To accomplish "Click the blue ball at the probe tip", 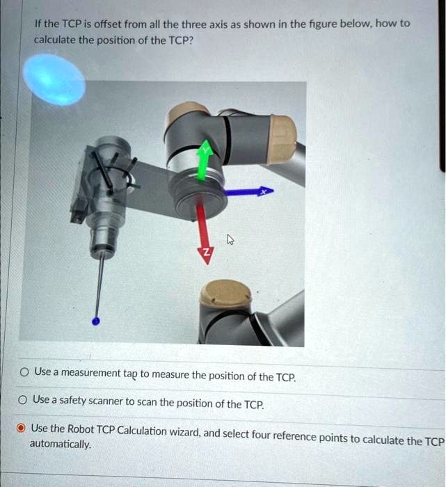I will pyautogui.click(x=96, y=321).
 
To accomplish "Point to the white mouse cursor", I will pyautogui.click(x=230, y=240).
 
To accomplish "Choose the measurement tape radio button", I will pyautogui.click(x=24, y=372).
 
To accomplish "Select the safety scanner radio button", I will pyautogui.click(x=24, y=400).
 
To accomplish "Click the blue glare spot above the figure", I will pyautogui.click(x=54, y=80).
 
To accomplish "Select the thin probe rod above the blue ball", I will pyautogui.click(x=100, y=285).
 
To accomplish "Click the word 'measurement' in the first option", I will pyautogui.click(x=90, y=373).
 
